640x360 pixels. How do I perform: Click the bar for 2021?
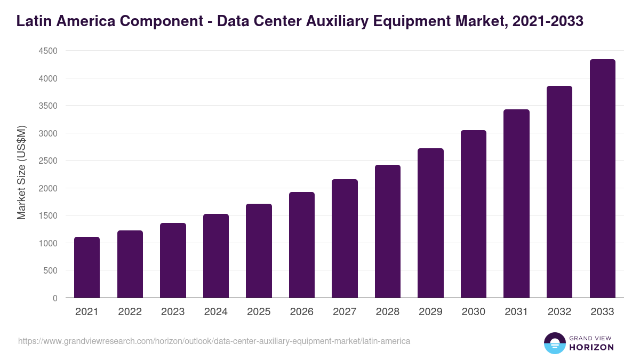tap(87, 267)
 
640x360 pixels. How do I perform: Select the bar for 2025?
tap(259, 251)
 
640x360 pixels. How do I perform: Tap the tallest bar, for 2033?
tap(602, 179)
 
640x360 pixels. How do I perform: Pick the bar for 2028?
tap(388, 231)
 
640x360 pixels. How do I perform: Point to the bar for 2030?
tap(474, 214)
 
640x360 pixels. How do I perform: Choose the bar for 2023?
tap(173, 260)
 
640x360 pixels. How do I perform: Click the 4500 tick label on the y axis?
tap(47, 51)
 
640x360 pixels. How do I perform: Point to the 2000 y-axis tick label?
tap(47, 188)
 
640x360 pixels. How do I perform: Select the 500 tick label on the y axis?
tap(50, 270)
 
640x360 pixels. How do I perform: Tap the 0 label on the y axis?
tap(54, 298)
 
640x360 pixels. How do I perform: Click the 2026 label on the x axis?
tap(302, 312)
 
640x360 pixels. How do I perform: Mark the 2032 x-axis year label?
tap(559, 312)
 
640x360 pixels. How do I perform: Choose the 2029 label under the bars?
tap(430, 312)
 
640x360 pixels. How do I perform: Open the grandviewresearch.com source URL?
tap(214, 341)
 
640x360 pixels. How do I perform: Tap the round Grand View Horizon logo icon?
tap(554, 343)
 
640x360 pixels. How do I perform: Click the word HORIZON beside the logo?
tap(591, 347)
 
